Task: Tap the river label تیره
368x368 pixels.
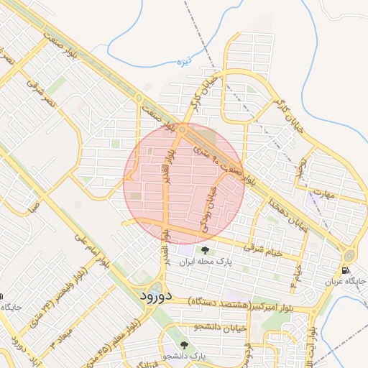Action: (x=186, y=60)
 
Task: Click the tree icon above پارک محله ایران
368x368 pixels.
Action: (x=206, y=250)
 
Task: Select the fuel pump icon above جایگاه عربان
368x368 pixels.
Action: (x=346, y=271)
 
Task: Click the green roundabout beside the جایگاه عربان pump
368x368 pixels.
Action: (x=349, y=255)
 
